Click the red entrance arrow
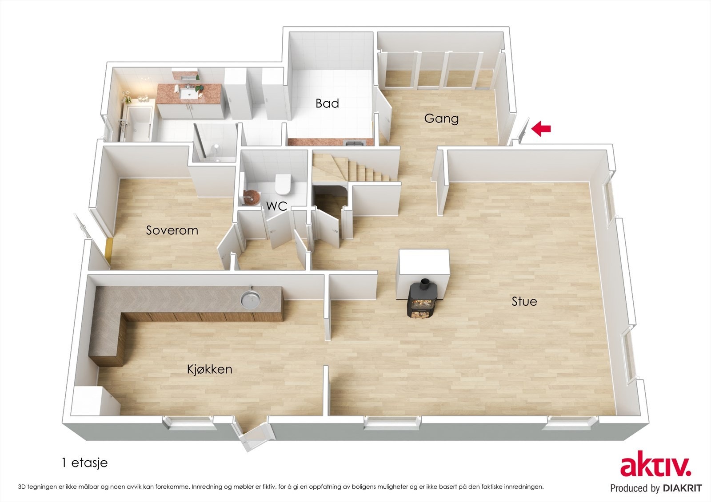tap(541, 129)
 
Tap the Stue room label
tap(524, 301)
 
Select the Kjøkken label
tap(209, 369)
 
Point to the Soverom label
tap(172, 230)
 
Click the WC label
tap(277, 206)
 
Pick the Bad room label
tap(327, 103)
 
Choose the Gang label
tap(441, 119)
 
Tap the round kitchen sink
tap(250, 298)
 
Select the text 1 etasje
tap(85, 463)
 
